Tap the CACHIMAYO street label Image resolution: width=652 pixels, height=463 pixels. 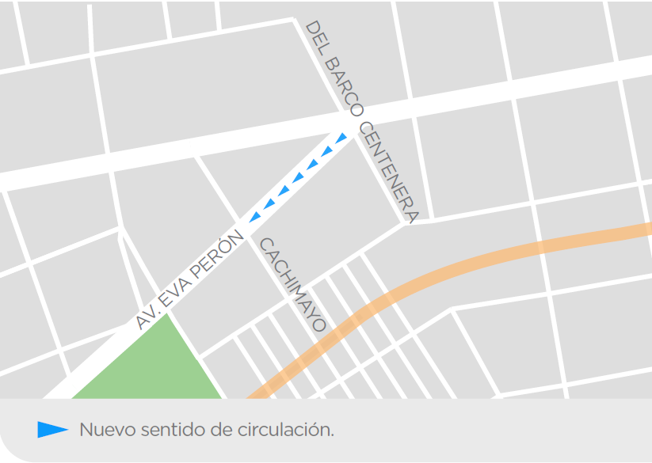[x=292, y=284]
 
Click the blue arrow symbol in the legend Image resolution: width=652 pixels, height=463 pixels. [x=52, y=430]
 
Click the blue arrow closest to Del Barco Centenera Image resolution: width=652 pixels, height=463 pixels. [x=341, y=139]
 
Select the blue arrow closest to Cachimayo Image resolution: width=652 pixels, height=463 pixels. [x=255, y=216]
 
